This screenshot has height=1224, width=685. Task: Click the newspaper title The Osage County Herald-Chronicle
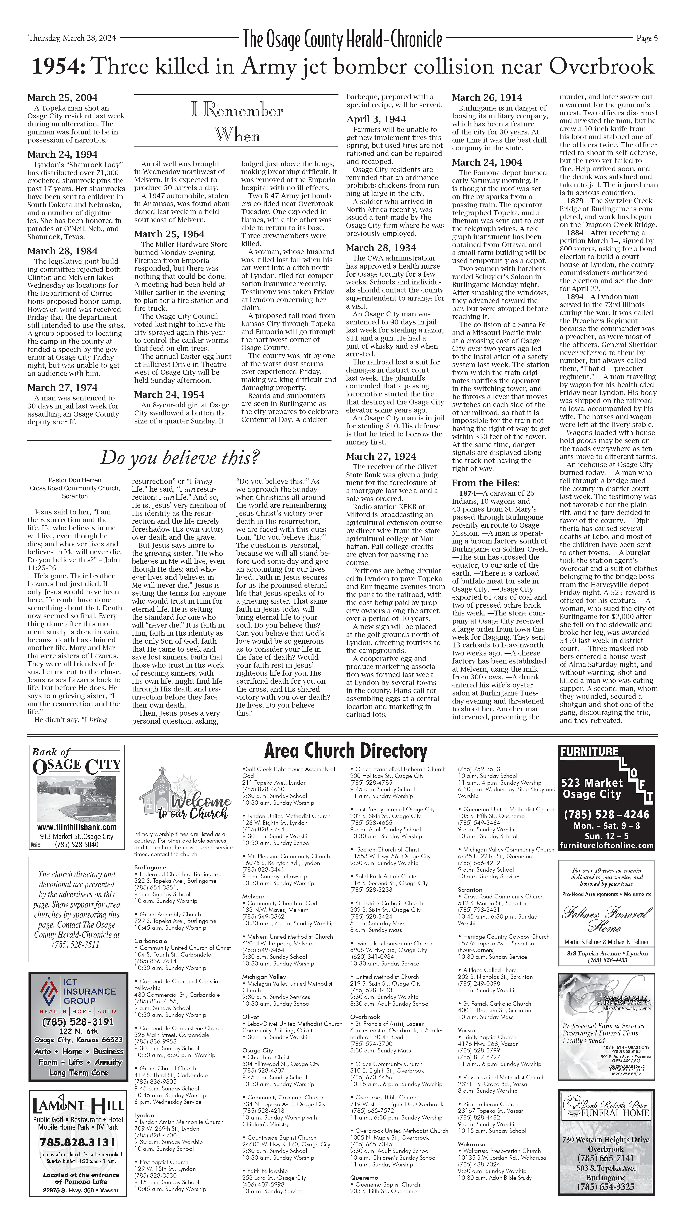click(342, 39)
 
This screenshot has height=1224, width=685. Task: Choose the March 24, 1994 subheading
click(62, 154)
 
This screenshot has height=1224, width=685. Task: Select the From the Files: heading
click(486, 483)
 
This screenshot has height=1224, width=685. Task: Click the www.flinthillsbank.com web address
click(77, 827)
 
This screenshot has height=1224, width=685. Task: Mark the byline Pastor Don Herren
click(75, 480)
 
